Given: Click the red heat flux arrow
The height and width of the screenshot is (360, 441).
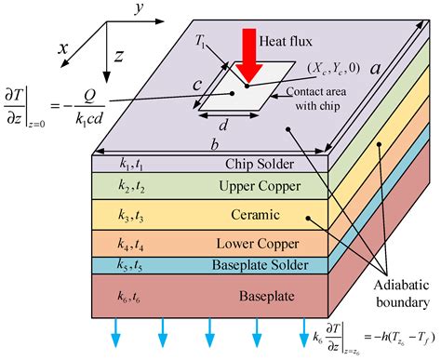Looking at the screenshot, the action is coord(249,55).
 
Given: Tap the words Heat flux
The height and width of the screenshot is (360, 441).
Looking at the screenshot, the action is coord(286,41).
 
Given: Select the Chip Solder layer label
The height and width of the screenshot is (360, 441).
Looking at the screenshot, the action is coord(260,164).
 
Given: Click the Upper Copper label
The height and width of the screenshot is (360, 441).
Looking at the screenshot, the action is coord(260,186).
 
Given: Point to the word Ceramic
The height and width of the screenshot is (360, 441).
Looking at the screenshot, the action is coord(255,215).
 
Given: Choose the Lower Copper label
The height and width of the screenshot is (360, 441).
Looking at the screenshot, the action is coord(258,244).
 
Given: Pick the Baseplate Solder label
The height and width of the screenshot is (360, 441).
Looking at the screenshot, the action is coord(260,265).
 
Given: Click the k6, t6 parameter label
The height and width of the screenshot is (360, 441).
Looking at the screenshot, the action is coord(128,297).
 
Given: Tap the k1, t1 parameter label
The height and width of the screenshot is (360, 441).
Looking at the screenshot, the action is coord(131,165).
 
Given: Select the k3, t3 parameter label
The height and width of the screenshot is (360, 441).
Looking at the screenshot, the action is coord(130,216).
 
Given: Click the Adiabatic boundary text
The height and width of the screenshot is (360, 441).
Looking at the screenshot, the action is coord(402,294).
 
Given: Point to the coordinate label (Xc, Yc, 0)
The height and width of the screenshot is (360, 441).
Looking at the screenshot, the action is coord(334,68).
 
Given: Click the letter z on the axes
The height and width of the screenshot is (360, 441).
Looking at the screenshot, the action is coord(119,56).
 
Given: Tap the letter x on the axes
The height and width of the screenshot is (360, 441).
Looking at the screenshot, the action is coord(63,48).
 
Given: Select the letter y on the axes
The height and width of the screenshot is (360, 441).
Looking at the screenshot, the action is coord(140,8).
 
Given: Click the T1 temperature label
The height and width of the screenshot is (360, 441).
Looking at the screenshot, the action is coord(200,41).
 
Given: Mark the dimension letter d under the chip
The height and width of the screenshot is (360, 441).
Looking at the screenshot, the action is coord(223,125).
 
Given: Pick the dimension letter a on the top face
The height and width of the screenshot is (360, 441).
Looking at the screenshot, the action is coord(375,68).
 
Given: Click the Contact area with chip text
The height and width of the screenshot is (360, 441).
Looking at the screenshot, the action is coord(316,99).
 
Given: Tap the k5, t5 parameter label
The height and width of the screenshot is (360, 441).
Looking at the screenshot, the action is coord(129,265).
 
